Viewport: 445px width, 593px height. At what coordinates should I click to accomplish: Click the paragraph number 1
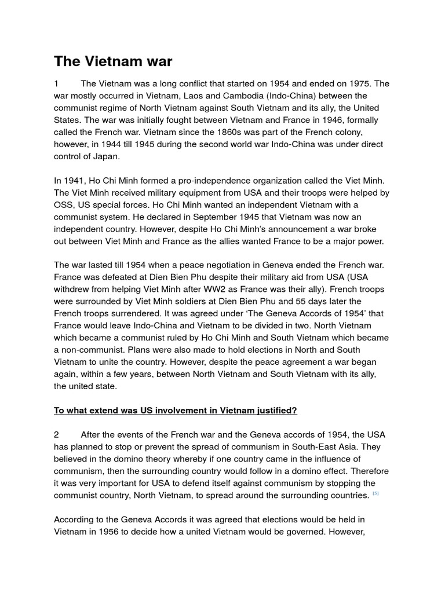[57, 84]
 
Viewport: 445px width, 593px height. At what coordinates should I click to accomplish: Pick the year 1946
[307, 120]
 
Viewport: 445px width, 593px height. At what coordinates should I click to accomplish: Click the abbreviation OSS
[64, 204]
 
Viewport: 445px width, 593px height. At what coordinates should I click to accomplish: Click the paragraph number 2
[57, 435]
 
